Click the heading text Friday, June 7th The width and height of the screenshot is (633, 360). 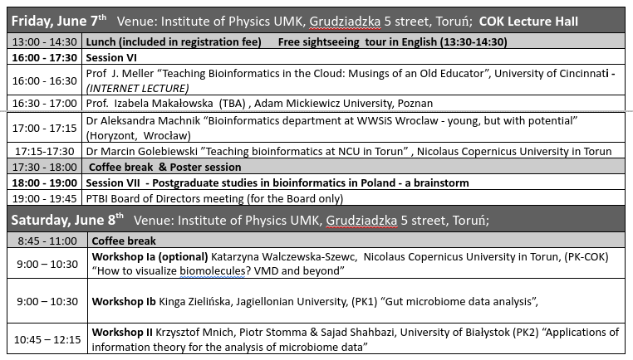click(59, 21)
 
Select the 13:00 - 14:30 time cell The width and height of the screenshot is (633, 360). click(44, 42)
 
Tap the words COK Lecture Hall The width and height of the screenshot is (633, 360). click(528, 22)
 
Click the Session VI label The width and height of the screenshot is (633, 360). click(111, 57)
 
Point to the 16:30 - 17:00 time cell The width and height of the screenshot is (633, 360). click(44, 103)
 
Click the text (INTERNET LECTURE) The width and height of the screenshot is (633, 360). click(137, 88)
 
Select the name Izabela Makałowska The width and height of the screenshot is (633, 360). click(164, 103)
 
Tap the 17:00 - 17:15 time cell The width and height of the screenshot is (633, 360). click(44, 129)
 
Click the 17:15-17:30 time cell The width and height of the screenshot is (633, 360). click(44, 152)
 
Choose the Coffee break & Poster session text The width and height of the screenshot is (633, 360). click(164, 167)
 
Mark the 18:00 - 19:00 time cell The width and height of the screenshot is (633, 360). click(44, 183)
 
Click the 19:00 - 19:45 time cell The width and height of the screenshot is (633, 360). click(44, 199)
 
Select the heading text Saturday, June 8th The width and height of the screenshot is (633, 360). click(67, 220)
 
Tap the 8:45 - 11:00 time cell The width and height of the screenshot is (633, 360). click(47, 241)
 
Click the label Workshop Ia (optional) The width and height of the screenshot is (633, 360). click(150, 257)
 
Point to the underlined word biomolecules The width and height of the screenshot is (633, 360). click(212, 271)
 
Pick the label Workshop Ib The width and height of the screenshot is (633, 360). click(124, 302)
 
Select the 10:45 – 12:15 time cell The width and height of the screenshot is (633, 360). click(47, 340)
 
